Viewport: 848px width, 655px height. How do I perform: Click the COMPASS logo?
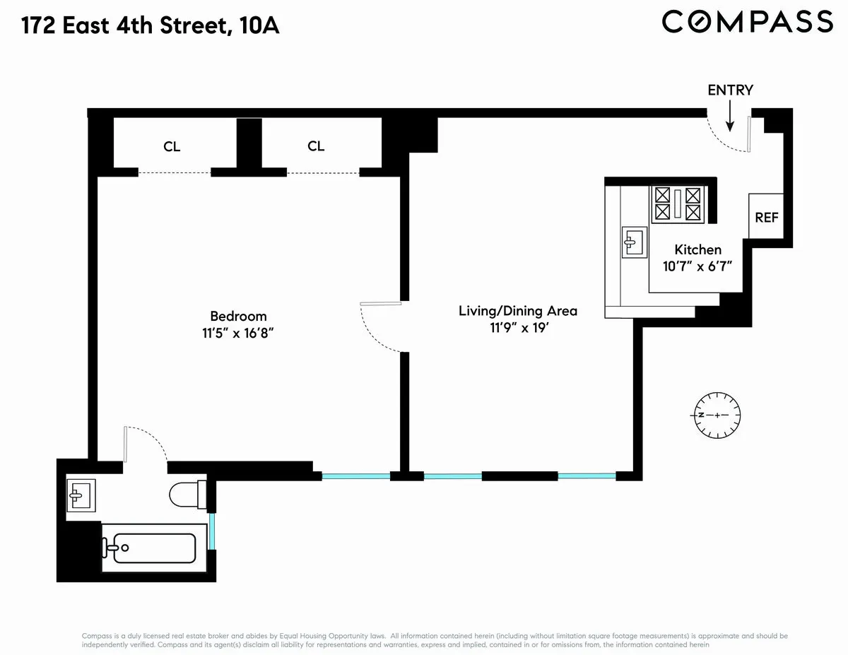(x=747, y=21)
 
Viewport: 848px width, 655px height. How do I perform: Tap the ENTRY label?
(x=730, y=90)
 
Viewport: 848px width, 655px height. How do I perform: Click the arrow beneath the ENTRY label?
(x=731, y=112)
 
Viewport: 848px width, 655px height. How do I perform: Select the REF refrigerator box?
(x=766, y=216)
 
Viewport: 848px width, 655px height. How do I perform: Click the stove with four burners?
(x=677, y=203)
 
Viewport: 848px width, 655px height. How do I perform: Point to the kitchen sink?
(x=634, y=242)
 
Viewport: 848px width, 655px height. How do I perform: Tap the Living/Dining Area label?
(x=518, y=311)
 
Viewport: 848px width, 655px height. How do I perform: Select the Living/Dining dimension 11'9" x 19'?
(x=518, y=329)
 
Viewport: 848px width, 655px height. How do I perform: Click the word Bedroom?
(x=238, y=316)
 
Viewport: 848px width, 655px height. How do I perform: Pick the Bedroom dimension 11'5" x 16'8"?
(x=238, y=334)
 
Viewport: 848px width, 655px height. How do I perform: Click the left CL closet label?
(x=172, y=147)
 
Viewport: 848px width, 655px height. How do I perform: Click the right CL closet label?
(x=316, y=146)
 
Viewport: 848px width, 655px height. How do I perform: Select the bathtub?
(x=149, y=547)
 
